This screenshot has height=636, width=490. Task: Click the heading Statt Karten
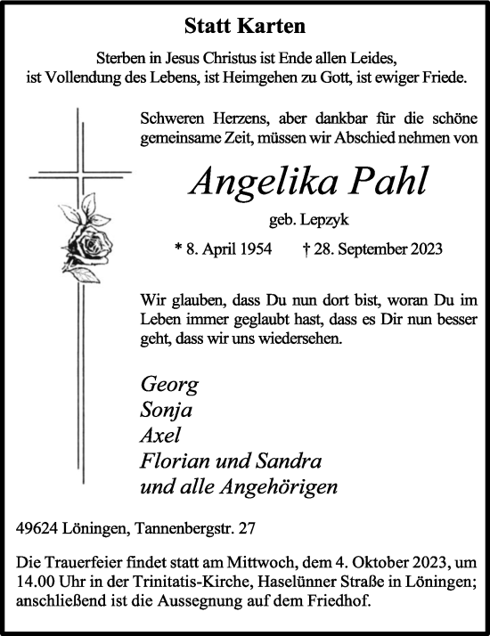pyautogui.click(x=244, y=25)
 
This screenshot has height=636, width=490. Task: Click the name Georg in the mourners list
pyautogui.click(x=169, y=386)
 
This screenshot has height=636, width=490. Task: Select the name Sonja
pyautogui.click(x=167, y=411)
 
